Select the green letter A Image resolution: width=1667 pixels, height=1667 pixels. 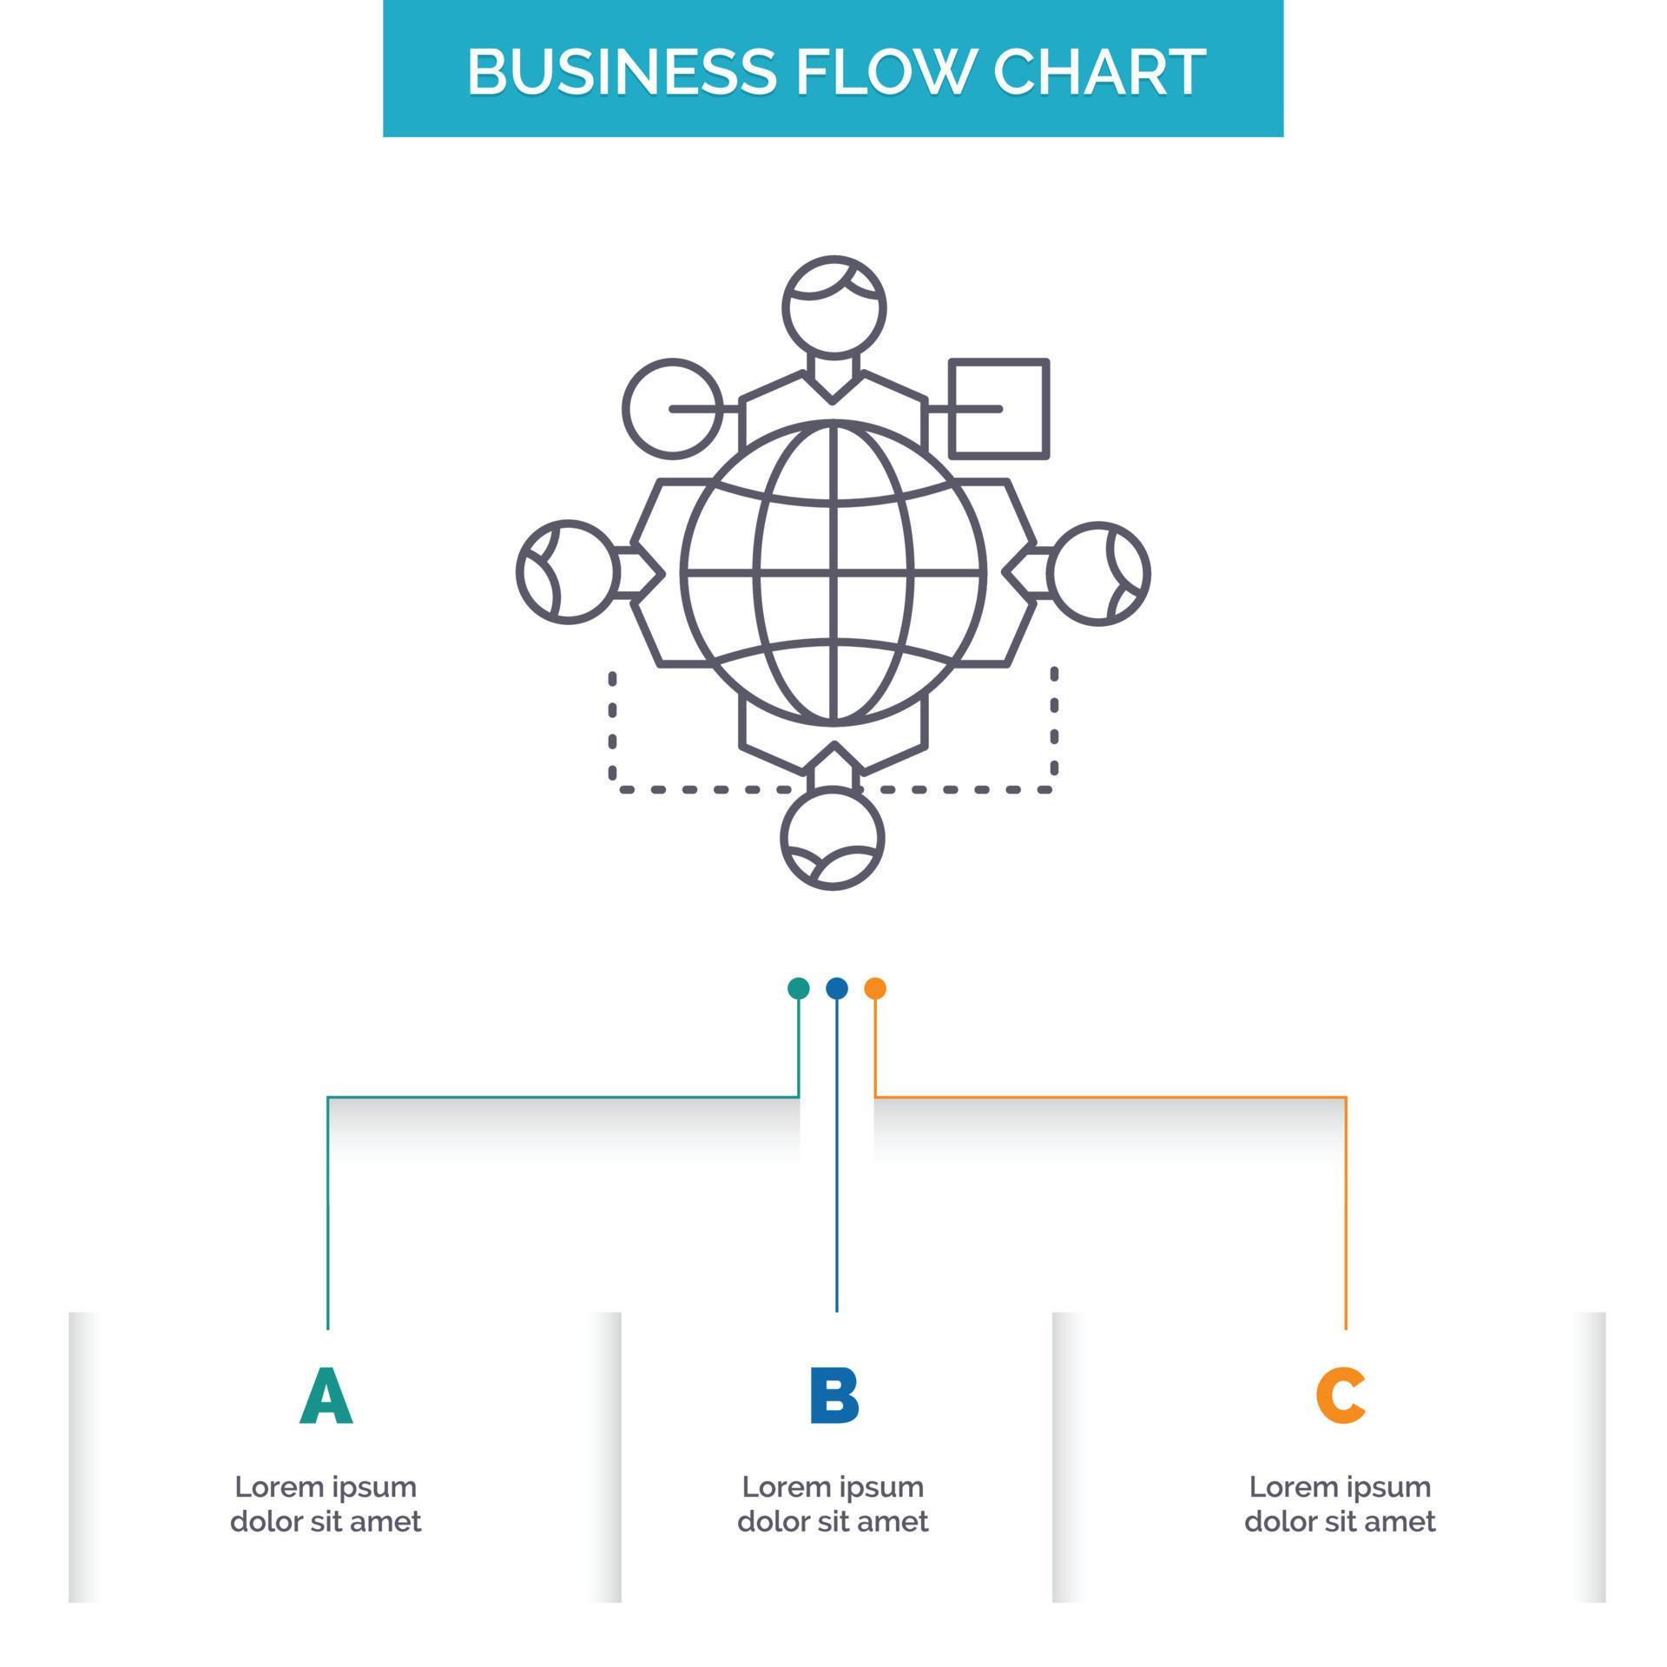[326, 1396]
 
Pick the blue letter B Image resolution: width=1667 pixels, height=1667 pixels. [833, 1396]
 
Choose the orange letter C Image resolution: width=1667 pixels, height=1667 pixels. [1340, 1396]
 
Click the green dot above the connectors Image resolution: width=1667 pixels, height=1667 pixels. [798, 988]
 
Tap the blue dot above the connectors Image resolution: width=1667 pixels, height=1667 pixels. [837, 988]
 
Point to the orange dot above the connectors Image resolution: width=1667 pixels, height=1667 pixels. [875, 988]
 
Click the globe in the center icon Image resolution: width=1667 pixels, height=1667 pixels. [833, 573]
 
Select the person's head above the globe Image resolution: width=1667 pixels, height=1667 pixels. [833, 306]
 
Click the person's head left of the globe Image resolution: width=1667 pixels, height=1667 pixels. [567, 572]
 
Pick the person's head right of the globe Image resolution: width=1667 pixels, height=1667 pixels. [1099, 573]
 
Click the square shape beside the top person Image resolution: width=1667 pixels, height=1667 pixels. [999, 408]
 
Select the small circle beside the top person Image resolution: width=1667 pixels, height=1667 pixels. [672, 408]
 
